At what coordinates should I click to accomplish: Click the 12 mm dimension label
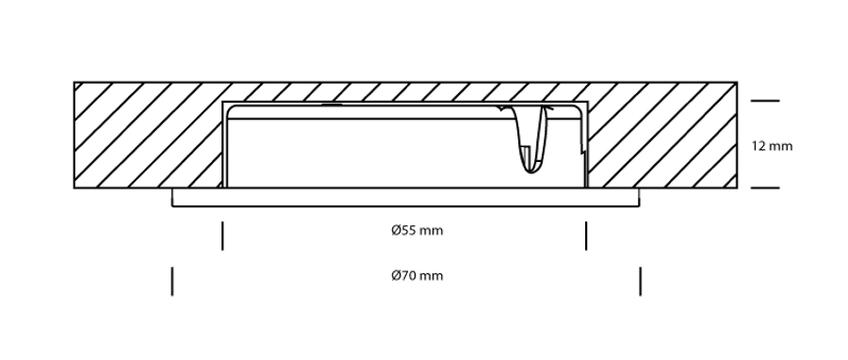point(772,146)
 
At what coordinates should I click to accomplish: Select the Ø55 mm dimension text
point(417,230)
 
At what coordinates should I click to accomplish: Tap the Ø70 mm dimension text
point(417,276)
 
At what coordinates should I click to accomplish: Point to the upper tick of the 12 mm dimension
point(765,101)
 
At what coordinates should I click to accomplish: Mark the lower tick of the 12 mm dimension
point(765,188)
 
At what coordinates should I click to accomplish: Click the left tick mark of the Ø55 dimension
point(222,236)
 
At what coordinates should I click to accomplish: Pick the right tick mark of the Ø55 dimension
point(586,236)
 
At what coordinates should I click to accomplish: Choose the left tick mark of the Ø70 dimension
point(172,281)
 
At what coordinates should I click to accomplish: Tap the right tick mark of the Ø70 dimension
point(641,281)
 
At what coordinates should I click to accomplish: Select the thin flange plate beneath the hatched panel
point(405,198)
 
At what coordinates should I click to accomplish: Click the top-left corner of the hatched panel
point(74,83)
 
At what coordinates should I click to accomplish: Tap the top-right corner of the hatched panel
point(737,83)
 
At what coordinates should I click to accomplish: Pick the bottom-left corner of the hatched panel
point(74,188)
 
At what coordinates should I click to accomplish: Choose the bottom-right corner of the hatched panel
point(737,188)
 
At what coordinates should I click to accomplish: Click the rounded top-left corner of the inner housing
point(229,108)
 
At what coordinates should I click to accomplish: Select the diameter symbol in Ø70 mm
point(396,276)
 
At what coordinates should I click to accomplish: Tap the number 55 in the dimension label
point(407,230)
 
